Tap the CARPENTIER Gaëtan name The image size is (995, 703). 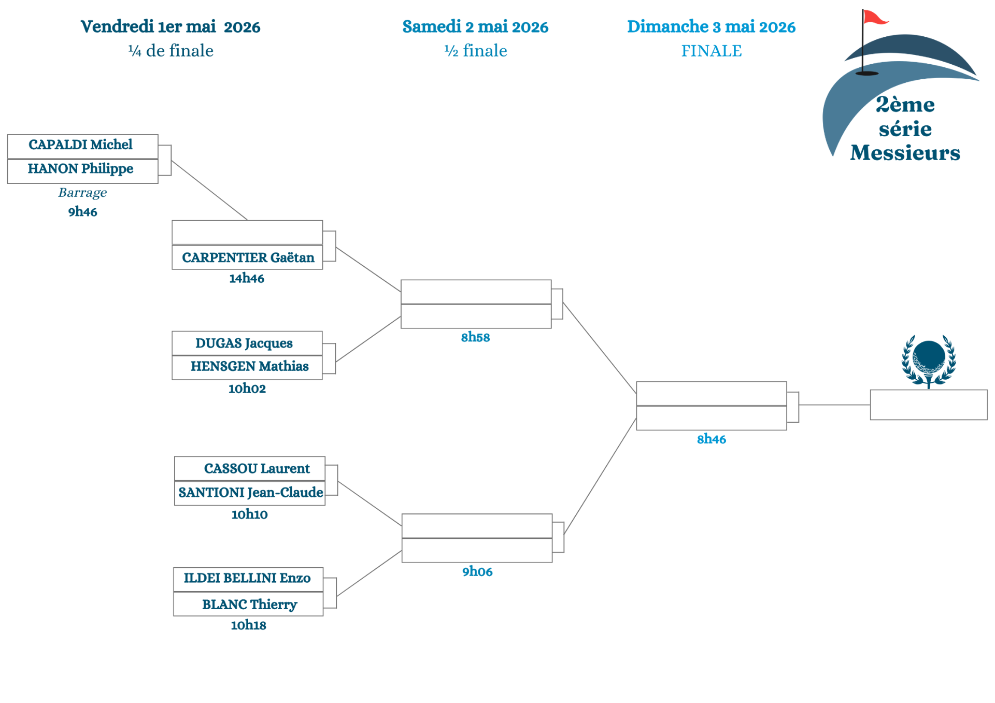(x=247, y=257)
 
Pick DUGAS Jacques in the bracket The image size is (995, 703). (x=244, y=343)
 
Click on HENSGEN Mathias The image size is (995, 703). (x=249, y=367)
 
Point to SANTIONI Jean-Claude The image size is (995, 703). (x=250, y=493)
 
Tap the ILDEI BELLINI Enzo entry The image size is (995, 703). (x=247, y=579)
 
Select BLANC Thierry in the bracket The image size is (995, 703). (x=249, y=605)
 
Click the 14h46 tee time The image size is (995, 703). (x=247, y=279)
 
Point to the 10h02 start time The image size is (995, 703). (x=247, y=389)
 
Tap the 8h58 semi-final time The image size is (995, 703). (x=475, y=338)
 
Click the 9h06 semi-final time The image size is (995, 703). (x=477, y=572)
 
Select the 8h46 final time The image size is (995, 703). (x=711, y=440)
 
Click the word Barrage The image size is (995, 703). (x=82, y=193)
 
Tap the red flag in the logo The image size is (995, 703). (x=874, y=18)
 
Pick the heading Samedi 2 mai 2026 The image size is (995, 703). (x=475, y=27)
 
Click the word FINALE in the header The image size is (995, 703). (x=711, y=51)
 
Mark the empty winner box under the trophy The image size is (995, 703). (x=928, y=405)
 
